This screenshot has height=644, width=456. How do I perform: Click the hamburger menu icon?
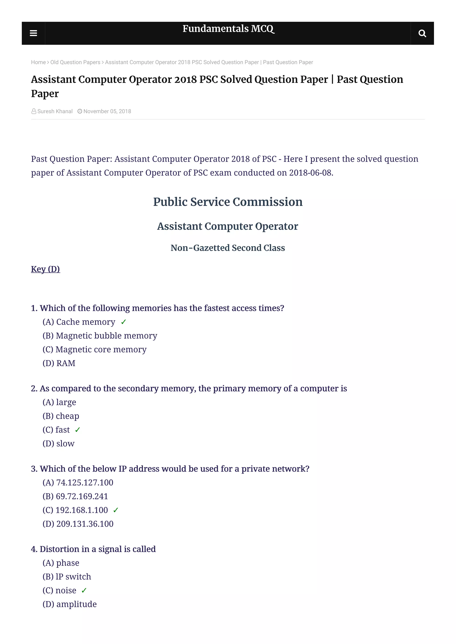coord(33,33)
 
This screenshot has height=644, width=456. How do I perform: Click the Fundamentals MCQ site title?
coord(228,29)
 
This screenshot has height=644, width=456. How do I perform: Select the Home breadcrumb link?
coord(38,62)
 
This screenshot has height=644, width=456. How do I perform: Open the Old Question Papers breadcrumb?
coord(75,62)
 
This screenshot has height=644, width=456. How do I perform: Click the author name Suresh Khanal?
coord(55,111)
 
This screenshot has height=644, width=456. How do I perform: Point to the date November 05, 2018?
coord(107,111)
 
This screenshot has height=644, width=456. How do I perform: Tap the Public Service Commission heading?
coord(228,202)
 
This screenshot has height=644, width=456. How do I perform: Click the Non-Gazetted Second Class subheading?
coord(228,248)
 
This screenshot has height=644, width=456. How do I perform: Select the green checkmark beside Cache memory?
coord(124,322)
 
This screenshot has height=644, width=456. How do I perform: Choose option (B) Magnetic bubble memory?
coord(100,336)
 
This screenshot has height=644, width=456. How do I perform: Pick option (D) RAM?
coord(59,363)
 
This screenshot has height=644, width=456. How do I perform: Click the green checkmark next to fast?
coord(77,430)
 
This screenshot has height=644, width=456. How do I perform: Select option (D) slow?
coord(58,444)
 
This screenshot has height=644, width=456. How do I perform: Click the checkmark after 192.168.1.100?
coord(116,510)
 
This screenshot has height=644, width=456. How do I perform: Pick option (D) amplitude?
coord(69,604)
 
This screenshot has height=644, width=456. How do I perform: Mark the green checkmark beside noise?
coord(84,590)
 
